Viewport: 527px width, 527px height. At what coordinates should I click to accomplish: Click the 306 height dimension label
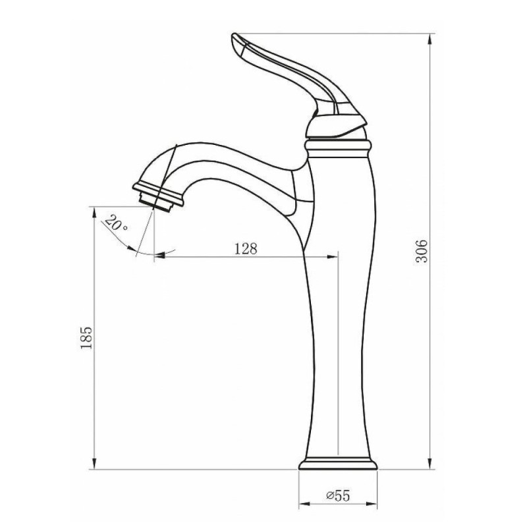point(422,251)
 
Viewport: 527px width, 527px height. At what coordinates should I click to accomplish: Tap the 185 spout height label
point(86,337)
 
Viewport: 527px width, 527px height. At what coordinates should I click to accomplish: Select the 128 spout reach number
point(246,249)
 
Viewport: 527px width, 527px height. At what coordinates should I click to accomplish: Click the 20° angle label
point(116,223)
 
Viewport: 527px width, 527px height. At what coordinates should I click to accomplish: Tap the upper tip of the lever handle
point(234,34)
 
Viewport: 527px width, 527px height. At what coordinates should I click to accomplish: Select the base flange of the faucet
point(338,464)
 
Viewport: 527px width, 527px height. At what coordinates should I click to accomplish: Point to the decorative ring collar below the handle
point(338,149)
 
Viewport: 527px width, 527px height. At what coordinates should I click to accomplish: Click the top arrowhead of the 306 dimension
point(430,39)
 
